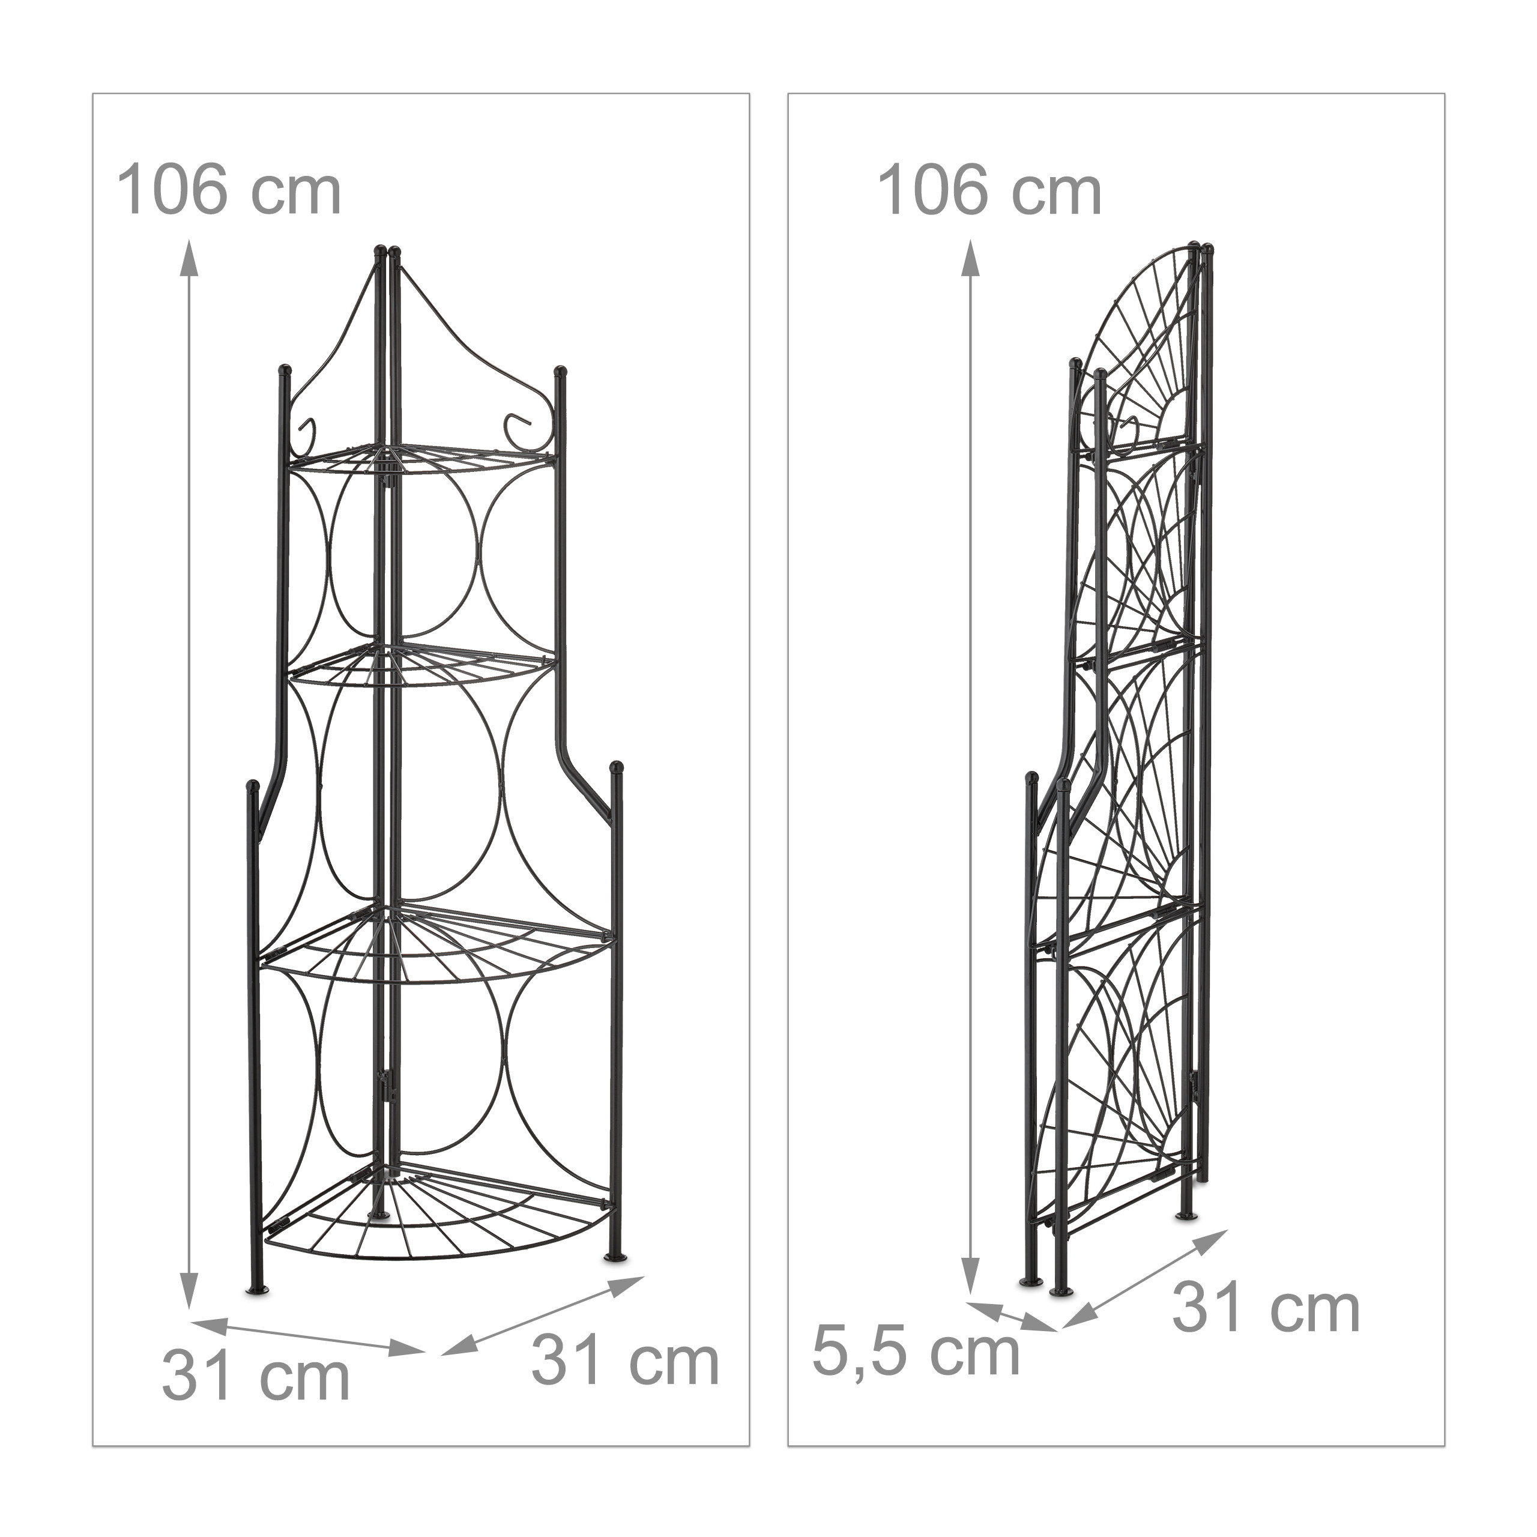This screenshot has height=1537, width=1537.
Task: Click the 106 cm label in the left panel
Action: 229,191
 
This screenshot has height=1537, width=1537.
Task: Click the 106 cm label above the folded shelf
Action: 989,191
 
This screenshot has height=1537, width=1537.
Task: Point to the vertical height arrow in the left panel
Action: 189,776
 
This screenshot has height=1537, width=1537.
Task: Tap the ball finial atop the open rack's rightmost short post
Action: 617,768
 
